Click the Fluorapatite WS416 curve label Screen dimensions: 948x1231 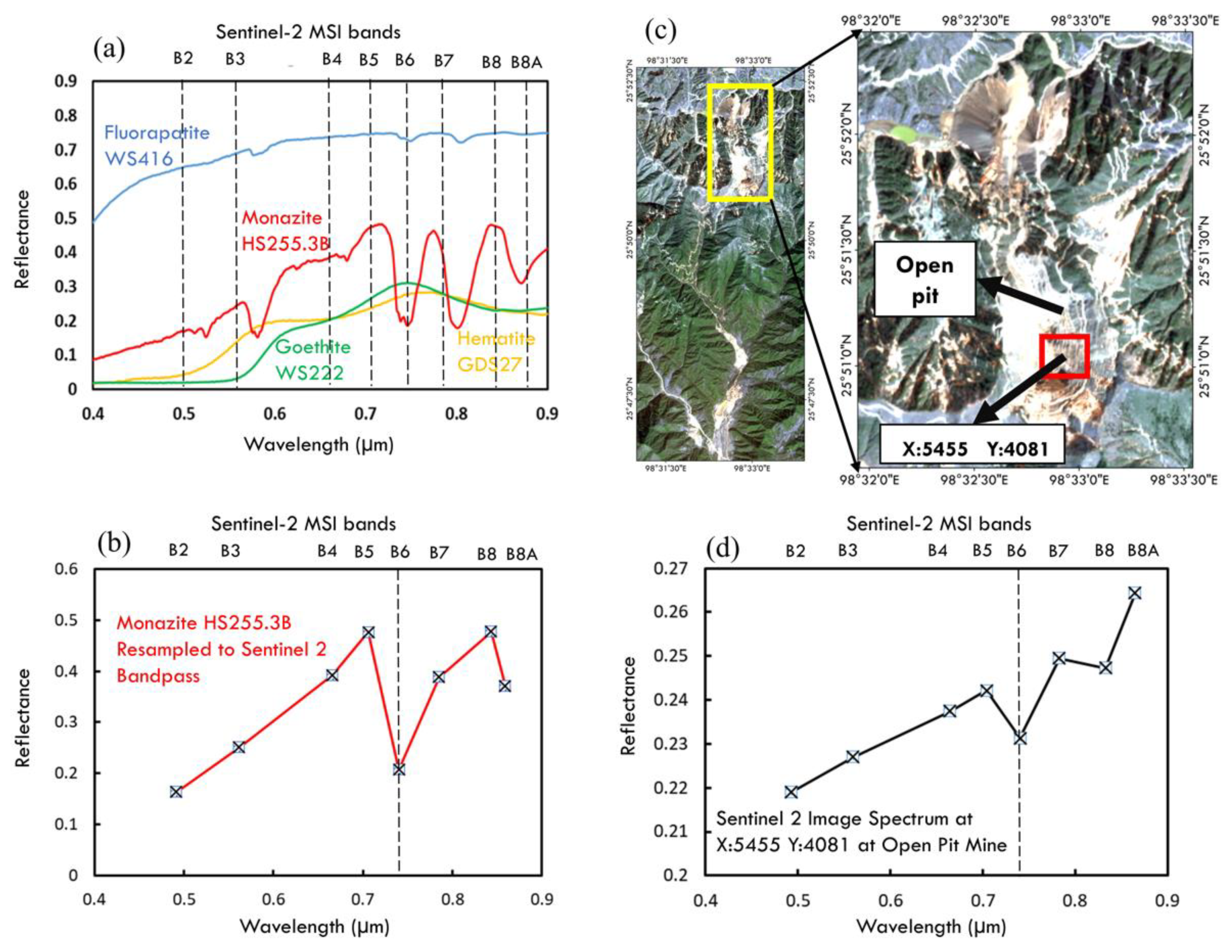157,145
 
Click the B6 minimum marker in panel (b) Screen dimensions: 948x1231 399,769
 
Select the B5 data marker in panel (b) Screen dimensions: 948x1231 369,632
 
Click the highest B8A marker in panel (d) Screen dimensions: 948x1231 1135,593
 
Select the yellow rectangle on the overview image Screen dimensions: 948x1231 740,142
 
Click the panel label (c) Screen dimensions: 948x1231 660,31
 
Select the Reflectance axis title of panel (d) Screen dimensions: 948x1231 628,706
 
